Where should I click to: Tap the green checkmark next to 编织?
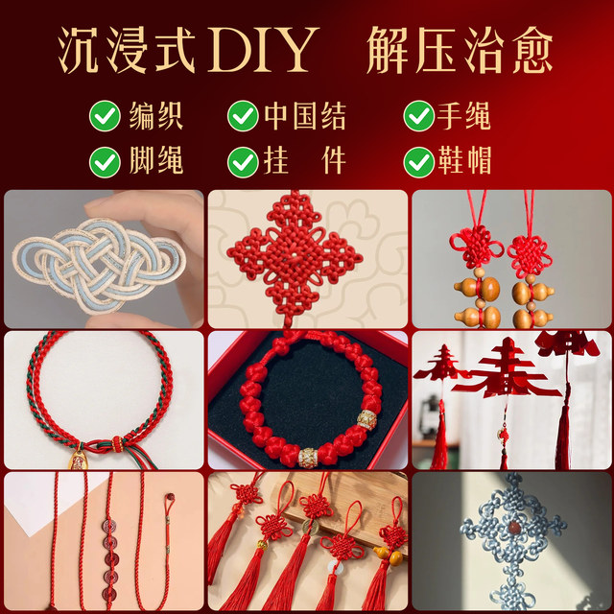point(104,117)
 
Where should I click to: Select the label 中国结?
point(304,117)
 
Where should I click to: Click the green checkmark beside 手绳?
point(418,117)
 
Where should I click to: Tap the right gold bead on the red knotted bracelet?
point(366,419)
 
